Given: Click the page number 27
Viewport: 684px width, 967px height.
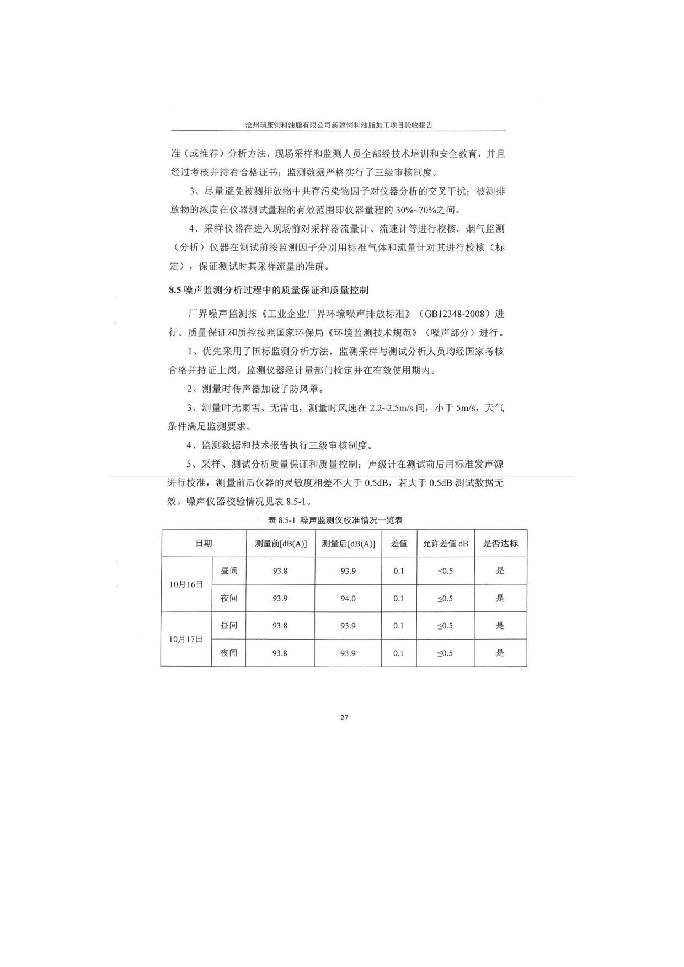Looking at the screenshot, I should click(x=344, y=717).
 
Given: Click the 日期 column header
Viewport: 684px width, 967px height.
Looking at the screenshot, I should click(x=204, y=543).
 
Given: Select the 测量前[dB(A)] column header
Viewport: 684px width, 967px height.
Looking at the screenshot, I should click(x=280, y=543).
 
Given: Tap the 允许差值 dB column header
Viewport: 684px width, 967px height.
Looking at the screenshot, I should click(x=445, y=543).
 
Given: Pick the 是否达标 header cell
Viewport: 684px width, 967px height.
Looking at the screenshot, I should click(x=500, y=543).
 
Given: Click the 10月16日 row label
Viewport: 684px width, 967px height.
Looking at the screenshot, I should click(x=186, y=584).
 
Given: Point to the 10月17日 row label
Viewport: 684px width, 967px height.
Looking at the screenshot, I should click(x=186, y=639).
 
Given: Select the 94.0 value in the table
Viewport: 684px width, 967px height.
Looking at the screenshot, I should click(x=348, y=598).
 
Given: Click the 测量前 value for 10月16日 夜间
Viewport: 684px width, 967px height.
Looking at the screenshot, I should click(x=280, y=598).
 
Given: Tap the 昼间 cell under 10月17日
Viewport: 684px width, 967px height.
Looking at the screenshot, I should click(x=229, y=625).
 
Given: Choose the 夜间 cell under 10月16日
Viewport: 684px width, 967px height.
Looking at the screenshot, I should click(x=229, y=598).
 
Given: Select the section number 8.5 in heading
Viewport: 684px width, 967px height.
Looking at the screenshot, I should click(x=175, y=289).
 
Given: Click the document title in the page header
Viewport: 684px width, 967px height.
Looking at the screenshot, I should click(x=339, y=125).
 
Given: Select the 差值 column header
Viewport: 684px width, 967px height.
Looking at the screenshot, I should click(x=399, y=543).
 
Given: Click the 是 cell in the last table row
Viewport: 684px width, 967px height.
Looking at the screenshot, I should click(x=500, y=653).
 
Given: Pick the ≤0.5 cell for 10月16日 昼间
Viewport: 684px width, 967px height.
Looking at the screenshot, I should click(x=445, y=571).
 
